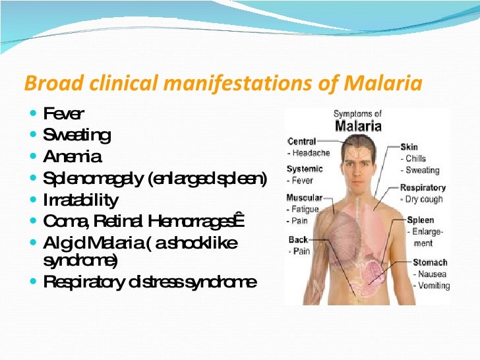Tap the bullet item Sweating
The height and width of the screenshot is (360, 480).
[76, 136]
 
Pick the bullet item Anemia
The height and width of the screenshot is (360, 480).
[72, 157]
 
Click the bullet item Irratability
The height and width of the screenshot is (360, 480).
[80, 199]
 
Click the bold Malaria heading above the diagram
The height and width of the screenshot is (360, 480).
[357, 125]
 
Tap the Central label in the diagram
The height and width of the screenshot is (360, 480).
[302, 141]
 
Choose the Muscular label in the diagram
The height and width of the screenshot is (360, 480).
[304, 198]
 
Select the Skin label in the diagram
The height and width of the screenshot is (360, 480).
[409, 147]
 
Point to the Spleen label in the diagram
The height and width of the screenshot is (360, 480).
[421, 220]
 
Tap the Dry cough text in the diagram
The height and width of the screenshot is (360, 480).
[425, 198]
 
